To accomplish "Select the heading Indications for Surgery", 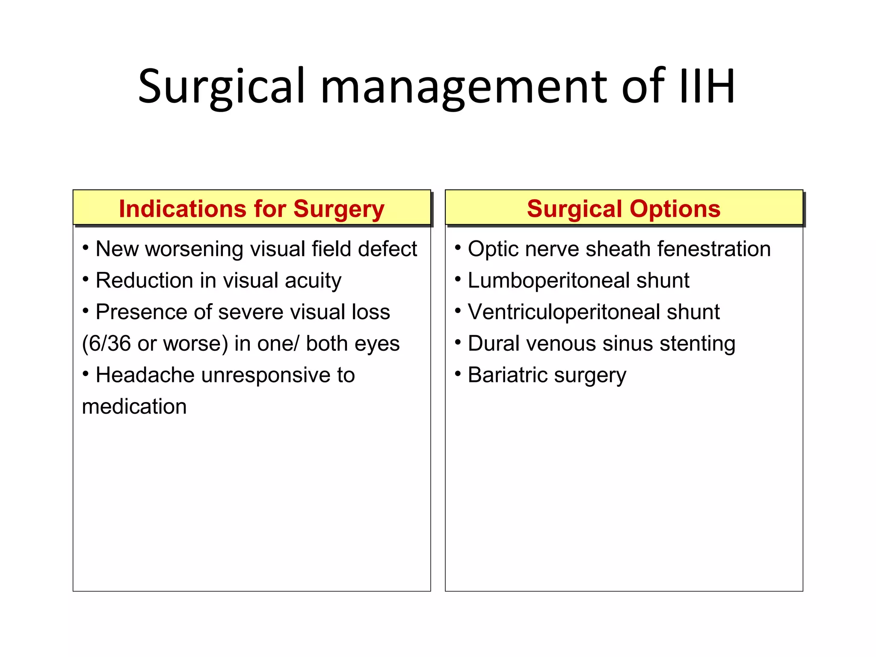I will (252, 209).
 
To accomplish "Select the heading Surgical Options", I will (624, 209).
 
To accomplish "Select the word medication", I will (134, 406).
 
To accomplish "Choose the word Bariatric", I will (507, 375).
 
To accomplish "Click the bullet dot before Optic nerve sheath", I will (458, 248).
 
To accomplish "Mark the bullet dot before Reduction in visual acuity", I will (86, 279).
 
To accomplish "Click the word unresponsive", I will (266, 375).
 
